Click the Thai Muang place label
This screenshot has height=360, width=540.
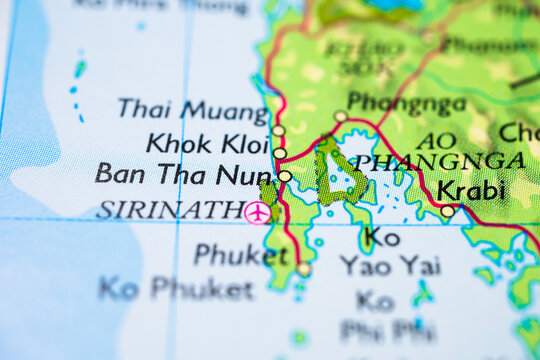[x=192, y=109]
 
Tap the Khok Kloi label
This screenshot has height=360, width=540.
[x=207, y=143]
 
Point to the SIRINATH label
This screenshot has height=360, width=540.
[x=168, y=211]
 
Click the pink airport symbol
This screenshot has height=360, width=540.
[x=257, y=212]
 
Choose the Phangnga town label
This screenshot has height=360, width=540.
[x=406, y=104]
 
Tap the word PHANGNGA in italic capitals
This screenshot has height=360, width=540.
[x=440, y=162]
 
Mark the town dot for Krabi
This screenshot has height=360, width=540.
[x=447, y=211]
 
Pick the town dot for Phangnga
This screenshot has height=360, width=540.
[x=340, y=117]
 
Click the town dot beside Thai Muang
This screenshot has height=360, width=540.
[x=278, y=130]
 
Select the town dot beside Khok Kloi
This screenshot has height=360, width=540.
[x=280, y=153]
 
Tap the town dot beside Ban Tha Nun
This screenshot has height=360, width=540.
[x=285, y=176]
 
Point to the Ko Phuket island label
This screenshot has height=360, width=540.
[x=176, y=290]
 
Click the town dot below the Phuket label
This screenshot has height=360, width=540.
[x=303, y=269]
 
